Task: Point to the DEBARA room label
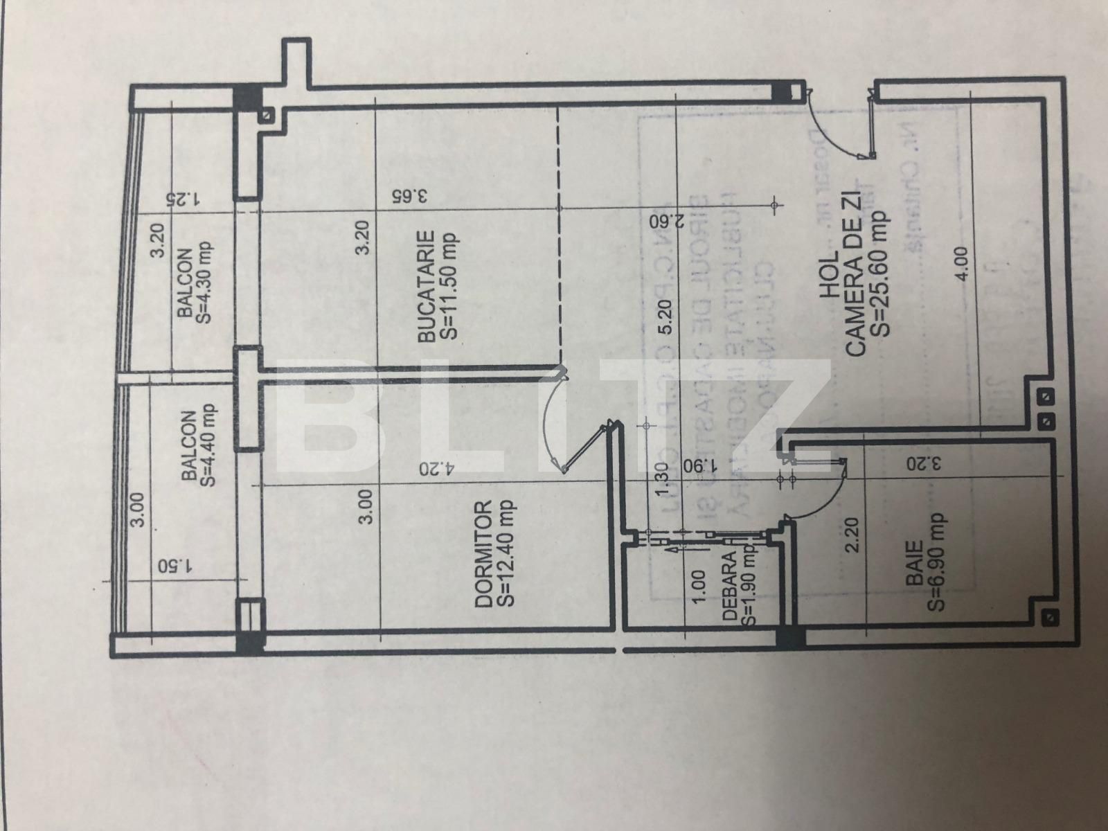pos(738,589)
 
